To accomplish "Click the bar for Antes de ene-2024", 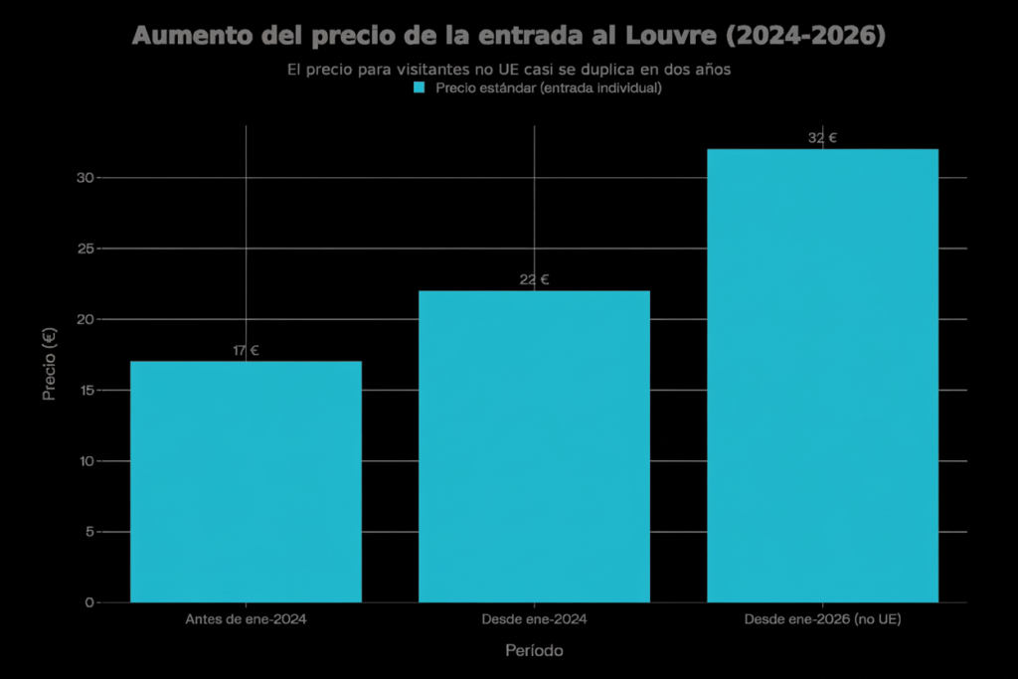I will tap(246, 481).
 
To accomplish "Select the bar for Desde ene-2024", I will tap(534, 446).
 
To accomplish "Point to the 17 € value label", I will tap(246, 350).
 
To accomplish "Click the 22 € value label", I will tap(534, 279).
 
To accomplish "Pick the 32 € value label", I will tap(822, 138).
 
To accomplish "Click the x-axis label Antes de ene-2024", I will tap(246, 619).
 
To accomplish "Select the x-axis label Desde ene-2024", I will tap(534, 619).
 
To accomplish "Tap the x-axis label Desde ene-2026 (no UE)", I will tap(822, 619).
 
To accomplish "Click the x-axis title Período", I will tap(534, 650).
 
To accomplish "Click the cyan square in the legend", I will tap(419, 87).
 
